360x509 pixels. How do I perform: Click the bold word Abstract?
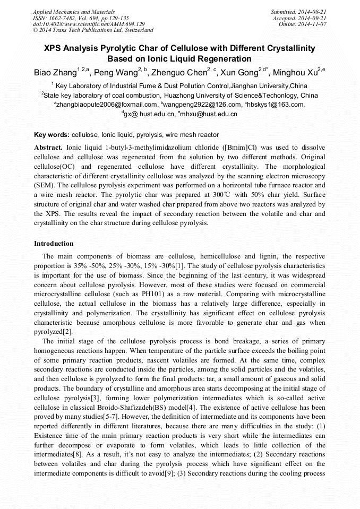pos(48,146)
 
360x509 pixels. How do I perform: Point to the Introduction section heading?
pos(54,244)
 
